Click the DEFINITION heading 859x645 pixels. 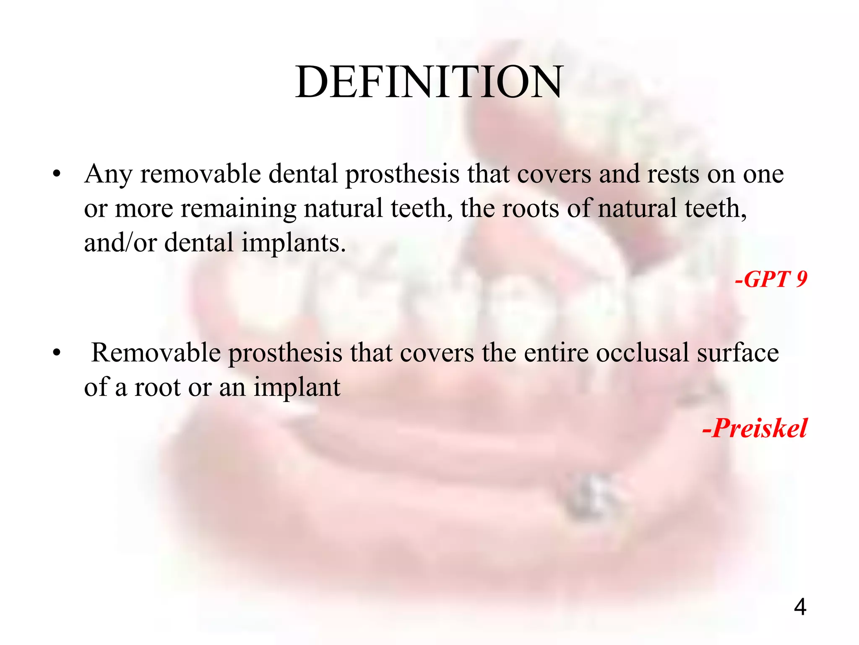(x=429, y=82)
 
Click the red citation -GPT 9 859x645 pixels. (x=771, y=279)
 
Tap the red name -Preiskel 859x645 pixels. (x=755, y=428)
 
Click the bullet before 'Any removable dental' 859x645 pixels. (x=57, y=174)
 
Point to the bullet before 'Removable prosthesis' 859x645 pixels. (x=57, y=353)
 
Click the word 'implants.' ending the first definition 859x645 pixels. (x=294, y=244)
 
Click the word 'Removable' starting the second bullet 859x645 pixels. (x=156, y=353)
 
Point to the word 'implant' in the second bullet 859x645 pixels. (x=297, y=388)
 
